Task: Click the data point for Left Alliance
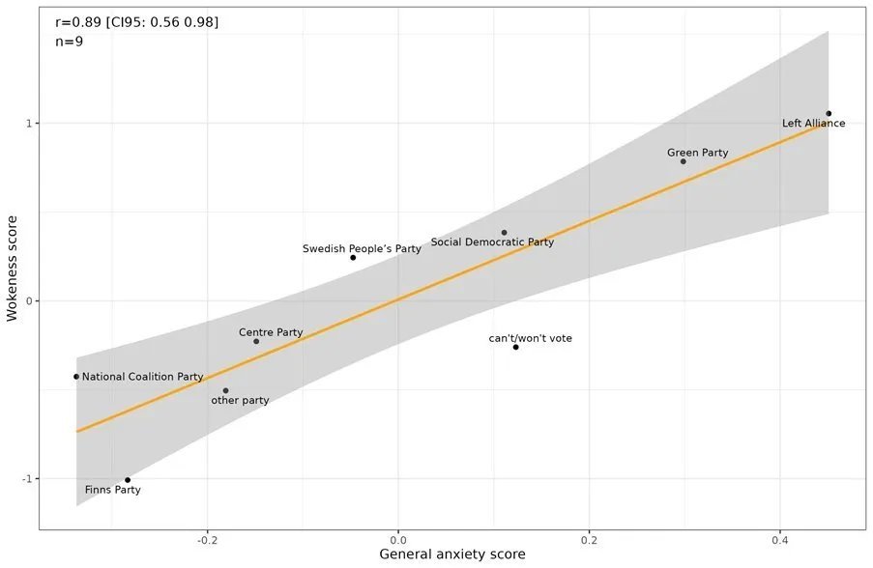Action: tap(829, 114)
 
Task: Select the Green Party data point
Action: tap(684, 161)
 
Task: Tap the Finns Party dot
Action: tap(128, 480)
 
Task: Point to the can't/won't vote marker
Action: tap(516, 347)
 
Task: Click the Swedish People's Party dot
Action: tap(353, 258)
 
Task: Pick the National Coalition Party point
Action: tap(76, 377)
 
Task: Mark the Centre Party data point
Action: tap(256, 341)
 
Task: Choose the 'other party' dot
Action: tap(225, 391)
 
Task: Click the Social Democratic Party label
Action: tap(492, 242)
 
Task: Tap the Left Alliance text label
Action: tap(813, 124)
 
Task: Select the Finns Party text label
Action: tap(112, 491)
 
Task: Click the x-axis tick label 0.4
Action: tap(780, 537)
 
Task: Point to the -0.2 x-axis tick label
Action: tap(207, 537)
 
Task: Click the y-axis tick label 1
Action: tap(30, 124)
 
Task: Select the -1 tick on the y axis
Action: tap(27, 479)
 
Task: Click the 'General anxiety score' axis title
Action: tap(452, 554)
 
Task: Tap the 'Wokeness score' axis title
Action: tap(13, 268)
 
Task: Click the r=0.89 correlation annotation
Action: tap(136, 22)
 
